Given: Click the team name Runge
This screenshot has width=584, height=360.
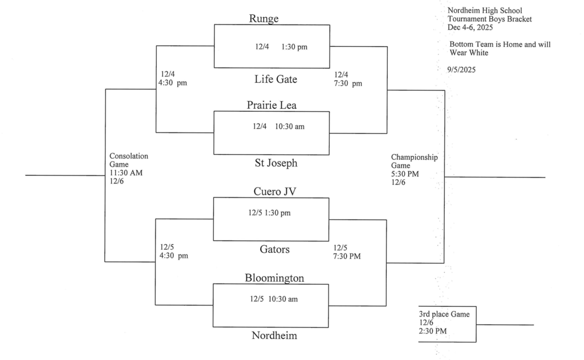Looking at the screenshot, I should click(263, 19).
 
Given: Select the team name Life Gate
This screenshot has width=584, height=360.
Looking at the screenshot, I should click(275, 79).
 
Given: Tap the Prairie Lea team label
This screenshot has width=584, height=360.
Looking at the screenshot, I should click(271, 105).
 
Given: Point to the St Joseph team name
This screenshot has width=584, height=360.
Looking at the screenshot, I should click(275, 163).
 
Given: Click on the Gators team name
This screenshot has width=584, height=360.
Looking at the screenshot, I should click(274, 249).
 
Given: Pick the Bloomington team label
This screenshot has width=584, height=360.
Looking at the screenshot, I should click(274, 278).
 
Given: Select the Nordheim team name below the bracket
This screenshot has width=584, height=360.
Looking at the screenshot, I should click(274, 335).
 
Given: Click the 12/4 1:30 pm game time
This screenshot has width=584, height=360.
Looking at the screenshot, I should click(281, 47).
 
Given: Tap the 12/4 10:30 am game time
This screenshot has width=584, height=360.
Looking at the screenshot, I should click(278, 126).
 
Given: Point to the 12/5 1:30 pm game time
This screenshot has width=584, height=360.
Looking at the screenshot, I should click(269, 213).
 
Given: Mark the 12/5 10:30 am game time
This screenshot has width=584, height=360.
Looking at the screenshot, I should click(273, 299).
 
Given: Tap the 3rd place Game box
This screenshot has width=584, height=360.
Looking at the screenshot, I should click(447, 323).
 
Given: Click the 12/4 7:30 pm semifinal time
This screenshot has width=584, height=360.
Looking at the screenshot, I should click(348, 79).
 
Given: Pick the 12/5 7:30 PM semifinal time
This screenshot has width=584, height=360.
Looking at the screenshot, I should click(347, 252).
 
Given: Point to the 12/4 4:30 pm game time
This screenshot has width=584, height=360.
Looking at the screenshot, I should click(173, 79).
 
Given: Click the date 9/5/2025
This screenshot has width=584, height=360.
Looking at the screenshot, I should click(462, 70).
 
